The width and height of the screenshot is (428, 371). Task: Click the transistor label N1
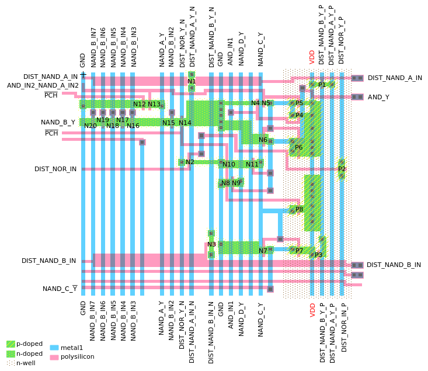[192, 81]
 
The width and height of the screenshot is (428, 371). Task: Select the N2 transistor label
[190, 162]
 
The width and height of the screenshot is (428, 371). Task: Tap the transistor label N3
[211, 244]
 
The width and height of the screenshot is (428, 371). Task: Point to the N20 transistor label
[91, 126]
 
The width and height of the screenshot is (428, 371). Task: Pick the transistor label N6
[263, 140]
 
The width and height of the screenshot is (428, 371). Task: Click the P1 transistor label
[322, 85]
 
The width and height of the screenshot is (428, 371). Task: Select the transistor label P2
[342, 169]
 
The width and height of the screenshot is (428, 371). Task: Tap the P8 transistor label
[299, 209]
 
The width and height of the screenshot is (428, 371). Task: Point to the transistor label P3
[318, 255]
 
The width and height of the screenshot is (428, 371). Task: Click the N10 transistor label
[229, 164]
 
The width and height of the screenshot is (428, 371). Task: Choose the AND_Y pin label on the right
[378, 97]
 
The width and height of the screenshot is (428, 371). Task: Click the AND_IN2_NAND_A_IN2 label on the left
[43, 85]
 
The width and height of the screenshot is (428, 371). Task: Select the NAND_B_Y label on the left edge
[58, 122]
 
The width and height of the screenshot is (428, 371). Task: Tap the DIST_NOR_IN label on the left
[55, 169]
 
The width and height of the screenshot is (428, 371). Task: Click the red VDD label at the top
[312, 57]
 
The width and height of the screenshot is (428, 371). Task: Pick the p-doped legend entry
[29, 344]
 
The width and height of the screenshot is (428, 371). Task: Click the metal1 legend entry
[72, 348]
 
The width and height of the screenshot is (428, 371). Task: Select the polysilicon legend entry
[77, 356]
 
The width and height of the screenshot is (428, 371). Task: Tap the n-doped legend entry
[29, 353]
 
